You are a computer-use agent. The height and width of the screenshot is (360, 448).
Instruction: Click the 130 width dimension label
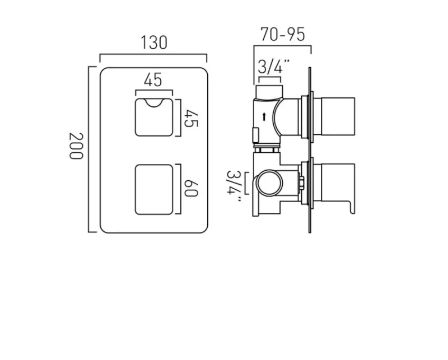tap(153, 43)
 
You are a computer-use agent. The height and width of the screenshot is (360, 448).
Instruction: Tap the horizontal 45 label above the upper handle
tap(153, 80)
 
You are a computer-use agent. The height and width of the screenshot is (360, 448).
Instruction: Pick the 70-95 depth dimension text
tap(283, 35)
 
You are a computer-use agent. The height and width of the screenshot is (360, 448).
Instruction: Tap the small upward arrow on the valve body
tap(264, 116)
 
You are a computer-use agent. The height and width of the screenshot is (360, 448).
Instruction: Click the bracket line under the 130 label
tap(153, 55)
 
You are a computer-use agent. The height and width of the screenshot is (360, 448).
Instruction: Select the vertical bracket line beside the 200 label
tap(89, 148)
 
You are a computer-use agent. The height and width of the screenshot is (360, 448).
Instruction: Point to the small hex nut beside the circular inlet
tap(301, 183)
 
